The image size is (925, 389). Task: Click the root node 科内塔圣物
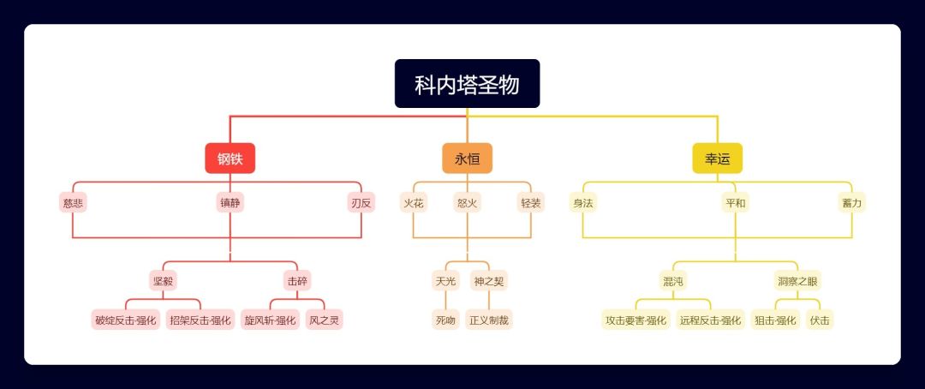point(467,84)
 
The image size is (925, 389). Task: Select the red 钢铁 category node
point(230,159)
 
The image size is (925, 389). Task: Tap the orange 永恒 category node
point(467,159)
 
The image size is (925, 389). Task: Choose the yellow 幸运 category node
point(717,159)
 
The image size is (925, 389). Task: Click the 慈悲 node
point(73,203)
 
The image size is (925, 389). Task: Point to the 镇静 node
point(230,203)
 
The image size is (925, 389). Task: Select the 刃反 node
point(361,203)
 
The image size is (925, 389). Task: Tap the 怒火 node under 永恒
point(468,203)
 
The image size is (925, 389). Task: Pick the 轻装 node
point(531,203)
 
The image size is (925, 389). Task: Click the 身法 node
point(583,203)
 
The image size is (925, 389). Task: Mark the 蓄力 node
point(852,203)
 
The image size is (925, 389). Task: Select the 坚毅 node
point(163,280)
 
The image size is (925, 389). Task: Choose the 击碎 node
point(297,280)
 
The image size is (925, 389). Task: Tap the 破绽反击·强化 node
point(126,320)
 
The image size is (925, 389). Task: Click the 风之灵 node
point(325,320)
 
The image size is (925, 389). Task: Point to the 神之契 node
point(489,280)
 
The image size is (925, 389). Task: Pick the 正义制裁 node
point(489,320)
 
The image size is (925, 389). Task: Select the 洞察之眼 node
point(798,280)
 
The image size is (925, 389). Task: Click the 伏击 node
point(820,320)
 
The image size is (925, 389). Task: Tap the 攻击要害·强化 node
point(636,320)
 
